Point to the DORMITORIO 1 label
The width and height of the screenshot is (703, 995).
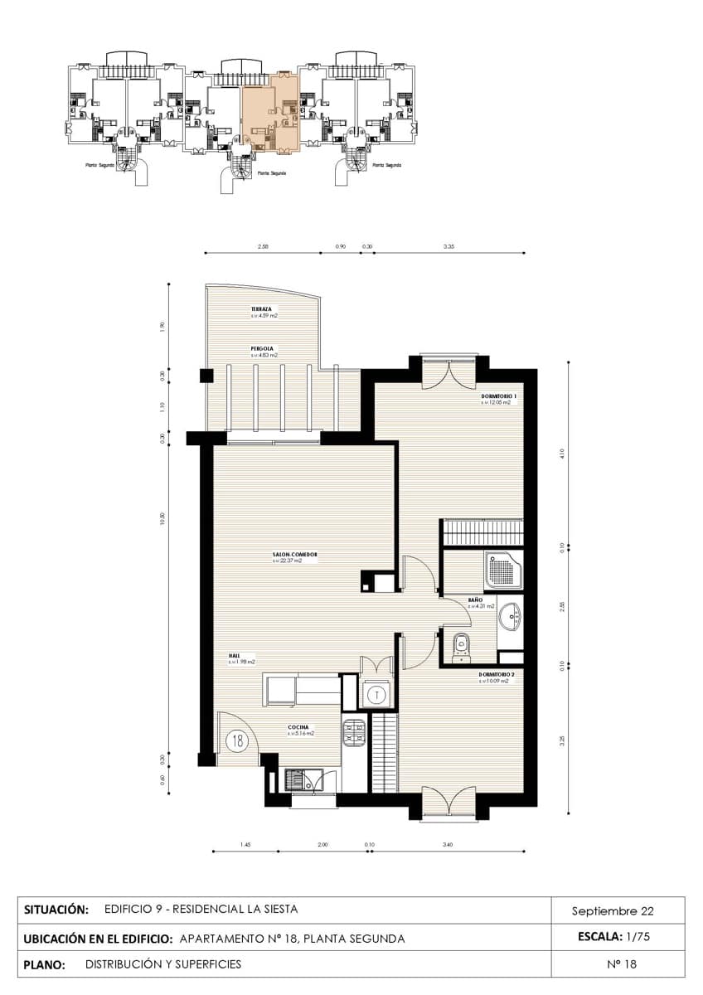(499, 397)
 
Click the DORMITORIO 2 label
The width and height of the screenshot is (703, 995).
(497, 675)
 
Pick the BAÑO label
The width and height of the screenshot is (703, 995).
(475, 599)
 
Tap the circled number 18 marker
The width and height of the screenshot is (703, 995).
(238, 740)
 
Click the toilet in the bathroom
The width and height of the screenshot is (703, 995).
(463, 643)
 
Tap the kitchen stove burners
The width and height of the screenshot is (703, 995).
(354, 732)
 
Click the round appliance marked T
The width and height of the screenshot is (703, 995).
(376, 693)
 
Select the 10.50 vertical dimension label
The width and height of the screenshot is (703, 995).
(162, 520)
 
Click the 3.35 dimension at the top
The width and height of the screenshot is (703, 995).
(448, 246)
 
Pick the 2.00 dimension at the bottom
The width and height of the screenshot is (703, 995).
(322, 845)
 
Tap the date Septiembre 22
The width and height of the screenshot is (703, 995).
(613, 910)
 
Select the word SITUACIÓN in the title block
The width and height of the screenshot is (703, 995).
(56, 910)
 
